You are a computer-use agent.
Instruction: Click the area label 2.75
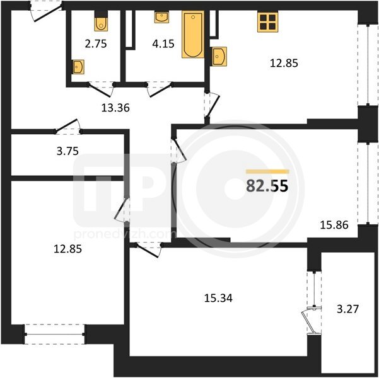(x=96, y=44)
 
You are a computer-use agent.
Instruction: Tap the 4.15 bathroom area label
(x=163, y=44)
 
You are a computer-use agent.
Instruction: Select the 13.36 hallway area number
(x=115, y=108)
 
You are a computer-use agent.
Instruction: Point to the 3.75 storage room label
(x=67, y=151)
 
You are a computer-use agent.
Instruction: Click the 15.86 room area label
(x=334, y=225)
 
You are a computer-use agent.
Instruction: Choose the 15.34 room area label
(x=218, y=298)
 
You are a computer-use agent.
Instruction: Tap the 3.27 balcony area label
(x=348, y=309)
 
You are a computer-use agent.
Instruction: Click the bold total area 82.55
(x=267, y=186)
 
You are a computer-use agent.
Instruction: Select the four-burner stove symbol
(x=268, y=22)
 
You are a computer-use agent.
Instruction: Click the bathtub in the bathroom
(x=193, y=34)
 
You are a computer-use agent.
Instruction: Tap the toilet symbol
(x=101, y=21)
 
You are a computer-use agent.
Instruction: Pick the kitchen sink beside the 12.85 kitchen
(x=219, y=56)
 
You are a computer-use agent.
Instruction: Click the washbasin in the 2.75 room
(x=78, y=67)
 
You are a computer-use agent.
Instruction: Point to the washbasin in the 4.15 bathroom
(x=161, y=18)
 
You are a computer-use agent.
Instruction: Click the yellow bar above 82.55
(x=267, y=172)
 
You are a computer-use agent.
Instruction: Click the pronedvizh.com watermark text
(x=125, y=234)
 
